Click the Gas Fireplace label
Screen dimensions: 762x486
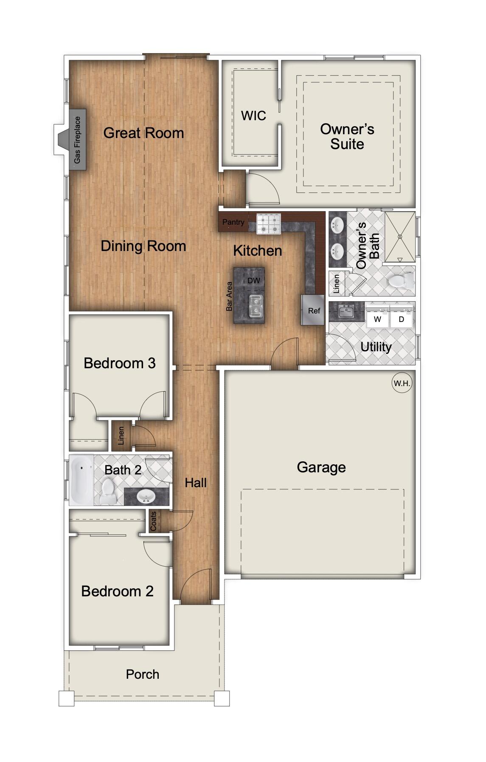click(77, 140)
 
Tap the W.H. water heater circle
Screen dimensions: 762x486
click(402, 383)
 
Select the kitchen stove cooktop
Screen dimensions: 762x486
click(269, 224)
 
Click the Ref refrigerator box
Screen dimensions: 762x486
click(314, 310)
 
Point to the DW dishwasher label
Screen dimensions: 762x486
click(254, 281)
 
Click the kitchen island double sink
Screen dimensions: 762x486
click(256, 306)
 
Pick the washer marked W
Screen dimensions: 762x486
click(377, 319)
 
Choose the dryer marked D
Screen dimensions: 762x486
click(402, 319)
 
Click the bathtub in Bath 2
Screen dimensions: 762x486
click(81, 480)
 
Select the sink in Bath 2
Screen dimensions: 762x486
click(146, 496)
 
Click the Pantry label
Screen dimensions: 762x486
click(233, 222)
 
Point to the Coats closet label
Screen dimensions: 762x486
click(154, 521)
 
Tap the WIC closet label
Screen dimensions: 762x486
click(253, 116)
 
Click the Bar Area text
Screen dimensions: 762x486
click(229, 296)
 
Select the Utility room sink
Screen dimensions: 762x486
click(346, 311)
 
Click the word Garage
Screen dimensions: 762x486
click(321, 467)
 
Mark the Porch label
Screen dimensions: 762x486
click(142, 674)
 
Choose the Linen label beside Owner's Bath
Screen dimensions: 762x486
click(337, 284)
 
